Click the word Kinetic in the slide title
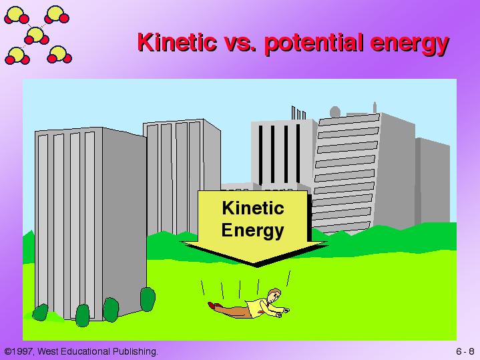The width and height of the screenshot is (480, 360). pos(177,42)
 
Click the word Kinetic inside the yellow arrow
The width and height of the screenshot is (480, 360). pos(253,208)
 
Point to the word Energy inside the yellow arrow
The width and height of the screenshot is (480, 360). pos(253,230)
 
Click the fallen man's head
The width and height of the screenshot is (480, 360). pos(274,295)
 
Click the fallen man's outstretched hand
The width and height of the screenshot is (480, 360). pos(286,311)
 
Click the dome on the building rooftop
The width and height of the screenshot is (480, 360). pos(335,112)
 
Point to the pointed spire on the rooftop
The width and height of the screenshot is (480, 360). pos(375,108)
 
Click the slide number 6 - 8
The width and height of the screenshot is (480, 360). pos(465,351)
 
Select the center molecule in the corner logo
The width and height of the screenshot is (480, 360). pos(37,36)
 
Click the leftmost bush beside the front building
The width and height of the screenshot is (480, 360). pos(41,313)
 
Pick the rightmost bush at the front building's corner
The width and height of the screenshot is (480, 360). pos(148,299)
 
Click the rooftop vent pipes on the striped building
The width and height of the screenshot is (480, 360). pos(298,113)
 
